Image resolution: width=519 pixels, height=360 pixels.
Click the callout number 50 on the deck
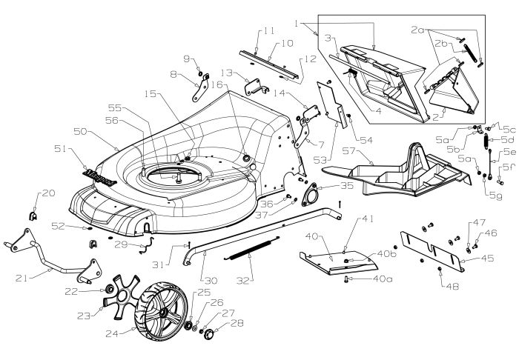pos(79,130)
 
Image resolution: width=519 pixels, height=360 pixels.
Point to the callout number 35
pos(327,185)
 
